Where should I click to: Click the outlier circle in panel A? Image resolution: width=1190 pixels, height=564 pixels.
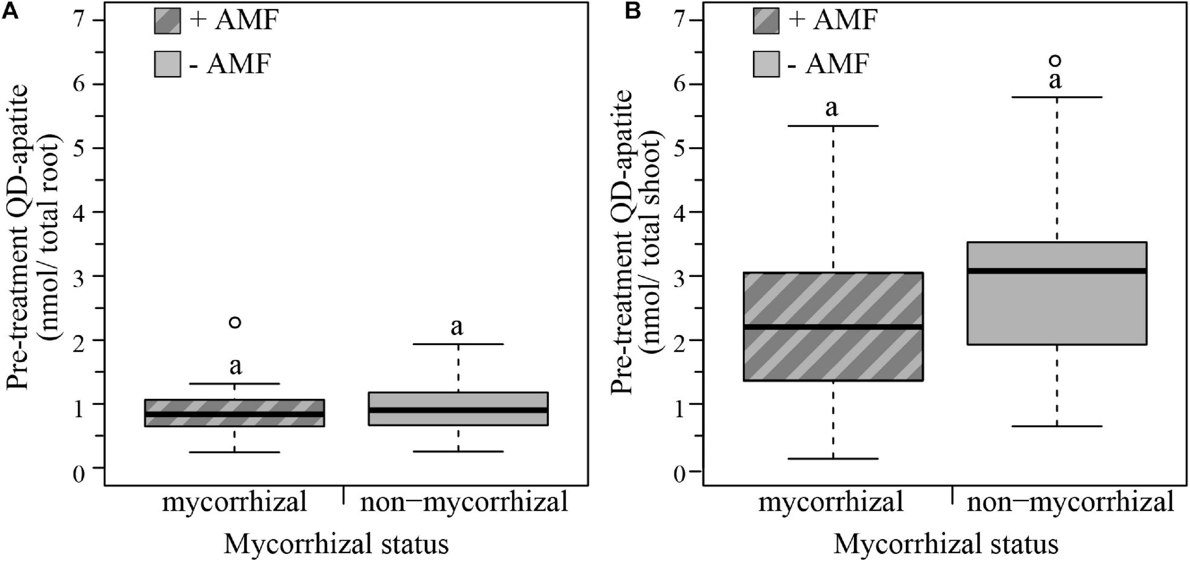tap(235, 322)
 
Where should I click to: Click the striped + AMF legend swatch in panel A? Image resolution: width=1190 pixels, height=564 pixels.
tap(168, 21)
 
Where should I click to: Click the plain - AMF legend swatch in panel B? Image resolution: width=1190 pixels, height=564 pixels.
tap(766, 64)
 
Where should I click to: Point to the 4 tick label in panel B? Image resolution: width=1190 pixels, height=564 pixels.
tap(681, 212)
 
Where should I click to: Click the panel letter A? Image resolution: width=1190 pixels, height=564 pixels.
tap(10, 10)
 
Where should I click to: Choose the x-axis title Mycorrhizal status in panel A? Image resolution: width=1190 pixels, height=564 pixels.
tap(336, 544)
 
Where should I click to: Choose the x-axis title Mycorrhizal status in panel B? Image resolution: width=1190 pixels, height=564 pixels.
tap(945, 544)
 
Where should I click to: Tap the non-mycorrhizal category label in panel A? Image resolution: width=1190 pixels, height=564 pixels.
tap(464, 503)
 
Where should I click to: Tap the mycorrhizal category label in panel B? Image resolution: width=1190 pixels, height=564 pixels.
tap(831, 503)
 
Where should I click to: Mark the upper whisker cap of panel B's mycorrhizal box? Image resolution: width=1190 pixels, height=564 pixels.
tap(833, 126)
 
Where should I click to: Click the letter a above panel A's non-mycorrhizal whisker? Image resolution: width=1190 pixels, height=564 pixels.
tap(456, 327)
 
